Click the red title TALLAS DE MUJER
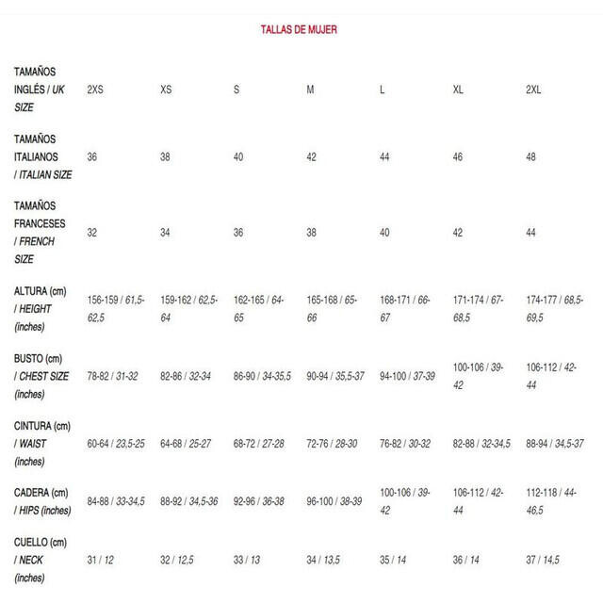point(299,30)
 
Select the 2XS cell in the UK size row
point(95,90)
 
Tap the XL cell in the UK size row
point(458,90)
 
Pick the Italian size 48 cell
point(531,156)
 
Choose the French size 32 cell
point(92,232)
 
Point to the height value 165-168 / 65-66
point(332,308)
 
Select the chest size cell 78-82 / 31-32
point(112,375)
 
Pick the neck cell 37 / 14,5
point(543,560)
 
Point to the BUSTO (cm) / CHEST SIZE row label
point(43,376)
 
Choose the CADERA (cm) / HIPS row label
point(42,501)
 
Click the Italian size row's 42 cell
point(311,156)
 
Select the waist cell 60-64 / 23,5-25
point(116,443)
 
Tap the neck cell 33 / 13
point(248,560)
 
